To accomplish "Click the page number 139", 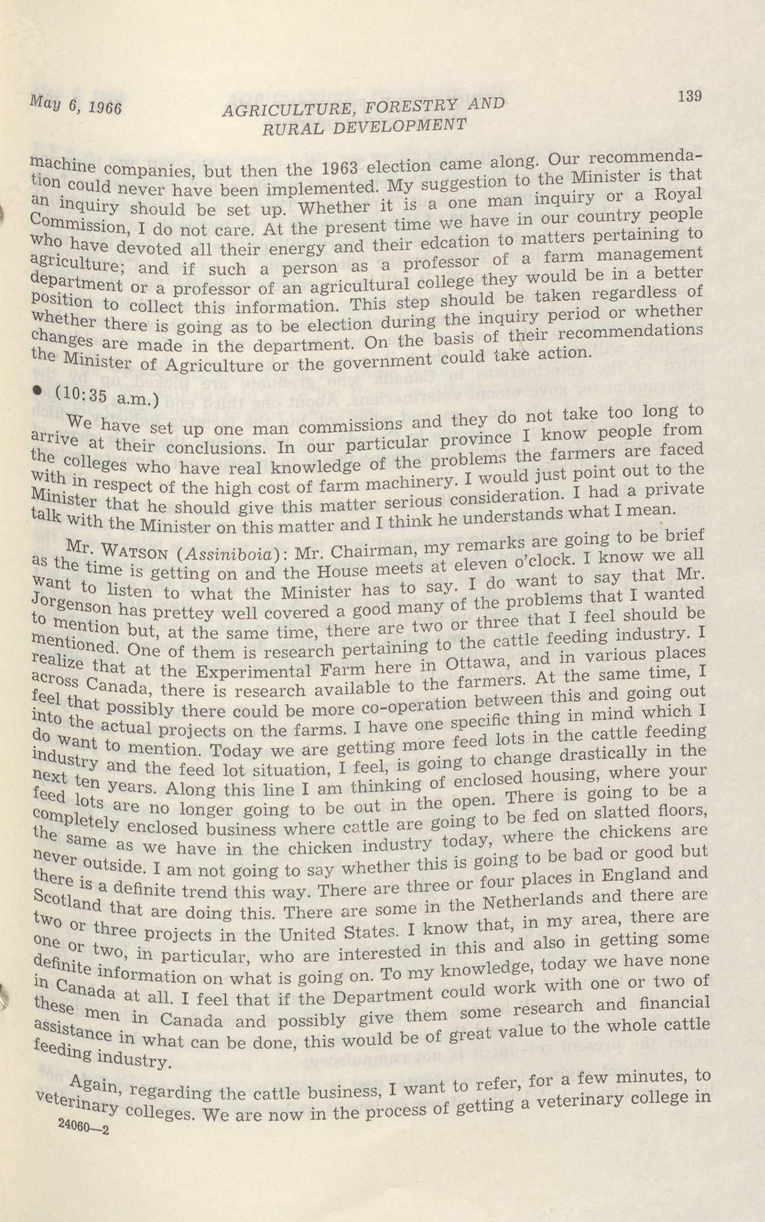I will click(x=689, y=96).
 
